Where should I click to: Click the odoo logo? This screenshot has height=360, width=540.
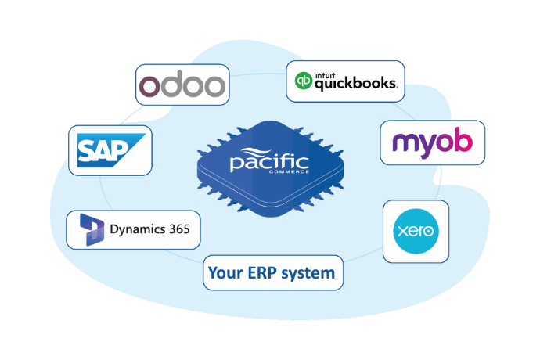[182, 85]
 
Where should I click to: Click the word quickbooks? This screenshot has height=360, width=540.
[356, 82]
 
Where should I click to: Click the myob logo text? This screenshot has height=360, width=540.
[432, 142]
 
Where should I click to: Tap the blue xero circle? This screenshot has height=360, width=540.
[416, 232]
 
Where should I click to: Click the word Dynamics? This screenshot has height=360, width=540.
[136, 231]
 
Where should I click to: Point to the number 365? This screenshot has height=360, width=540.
[178, 231]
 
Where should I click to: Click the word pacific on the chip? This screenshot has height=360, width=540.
[268, 164]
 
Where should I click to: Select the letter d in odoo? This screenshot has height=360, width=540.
[171, 83]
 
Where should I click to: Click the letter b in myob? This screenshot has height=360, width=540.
[463, 141]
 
